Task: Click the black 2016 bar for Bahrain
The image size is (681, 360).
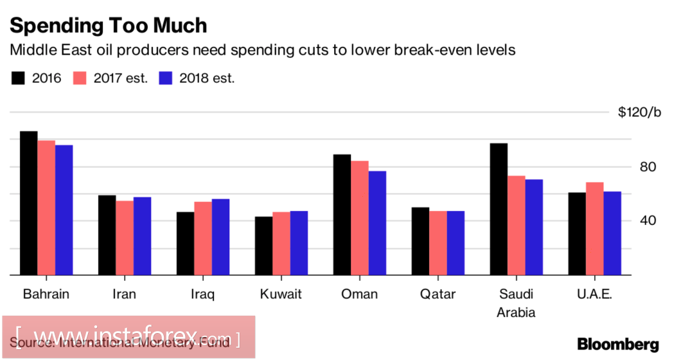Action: (28, 203)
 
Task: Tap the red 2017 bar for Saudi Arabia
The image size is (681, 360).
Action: (517, 225)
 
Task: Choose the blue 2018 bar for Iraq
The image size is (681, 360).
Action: (220, 237)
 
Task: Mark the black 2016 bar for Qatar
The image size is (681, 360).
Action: (420, 241)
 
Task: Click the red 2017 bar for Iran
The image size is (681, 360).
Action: (125, 238)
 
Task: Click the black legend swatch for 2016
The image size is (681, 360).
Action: (18, 78)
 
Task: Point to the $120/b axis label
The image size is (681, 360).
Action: (639, 113)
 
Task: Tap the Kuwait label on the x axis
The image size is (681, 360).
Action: (281, 294)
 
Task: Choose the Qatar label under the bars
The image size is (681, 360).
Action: (438, 294)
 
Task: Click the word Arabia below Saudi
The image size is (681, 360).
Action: (517, 313)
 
